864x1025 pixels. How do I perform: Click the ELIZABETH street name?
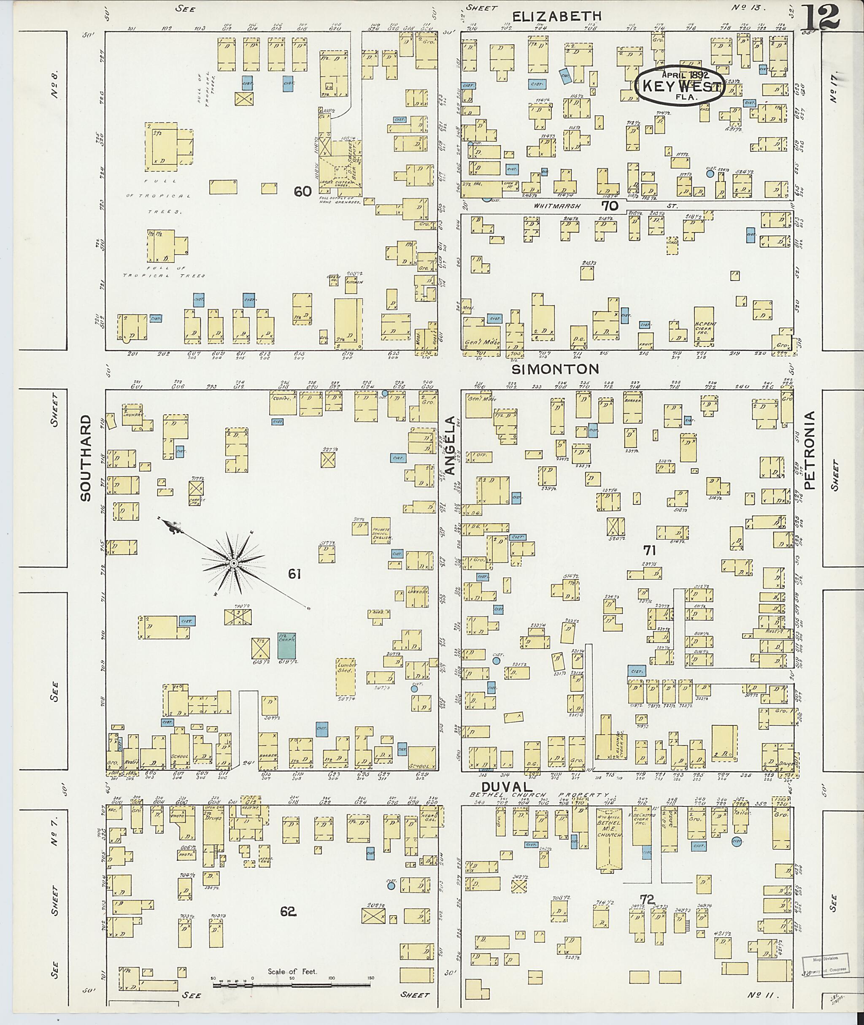tap(556, 16)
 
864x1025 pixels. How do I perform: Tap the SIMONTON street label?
tap(556, 369)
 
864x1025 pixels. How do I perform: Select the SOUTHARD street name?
tap(86, 458)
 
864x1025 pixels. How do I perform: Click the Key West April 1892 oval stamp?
tap(679, 85)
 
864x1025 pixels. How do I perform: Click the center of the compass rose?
tap(234, 564)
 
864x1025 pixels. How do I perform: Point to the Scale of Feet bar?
tap(292, 636)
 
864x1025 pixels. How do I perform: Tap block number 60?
tap(302, 192)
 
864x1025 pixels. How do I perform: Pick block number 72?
tap(647, 900)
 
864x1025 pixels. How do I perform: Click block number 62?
tap(289, 911)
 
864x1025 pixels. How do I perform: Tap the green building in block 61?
tap(286, 645)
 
